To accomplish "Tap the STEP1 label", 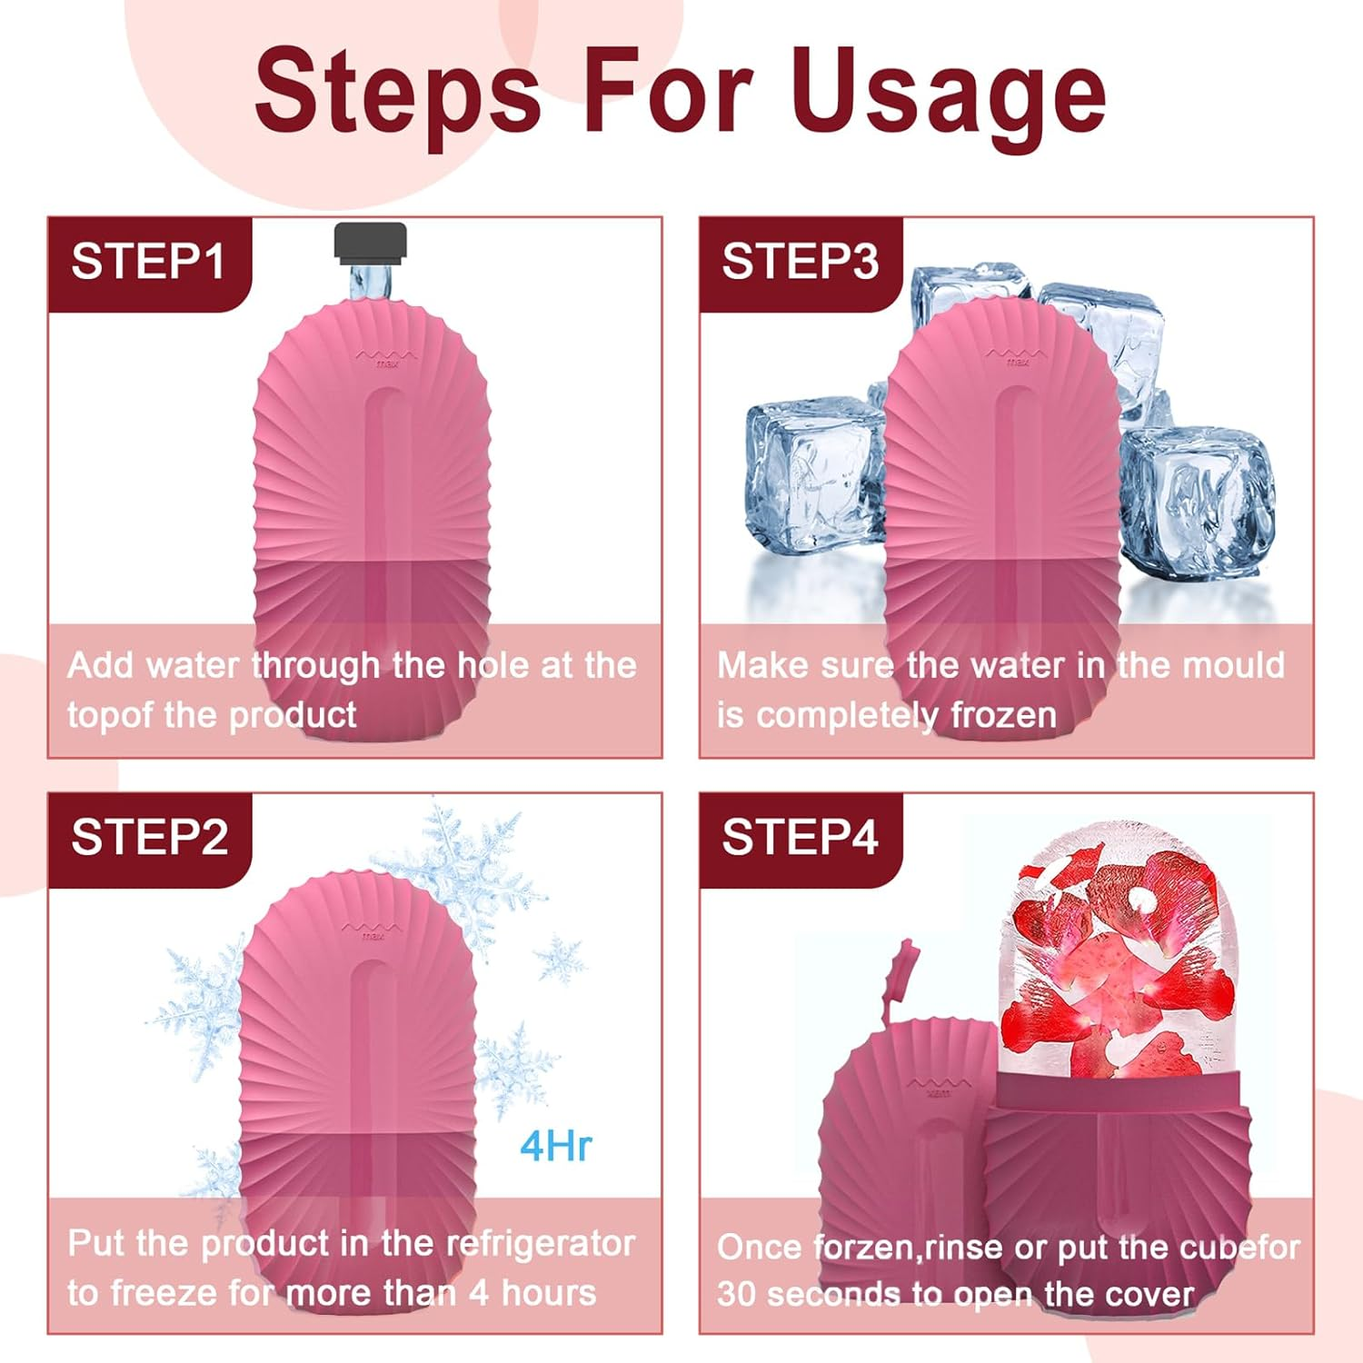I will [148, 262].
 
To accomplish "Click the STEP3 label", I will [800, 262].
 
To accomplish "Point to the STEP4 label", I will [800, 837].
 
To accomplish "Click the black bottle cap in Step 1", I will [370, 242].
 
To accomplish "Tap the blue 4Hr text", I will [555, 1146].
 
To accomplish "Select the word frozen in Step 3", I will [1003, 715].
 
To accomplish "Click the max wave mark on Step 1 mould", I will [387, 358].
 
